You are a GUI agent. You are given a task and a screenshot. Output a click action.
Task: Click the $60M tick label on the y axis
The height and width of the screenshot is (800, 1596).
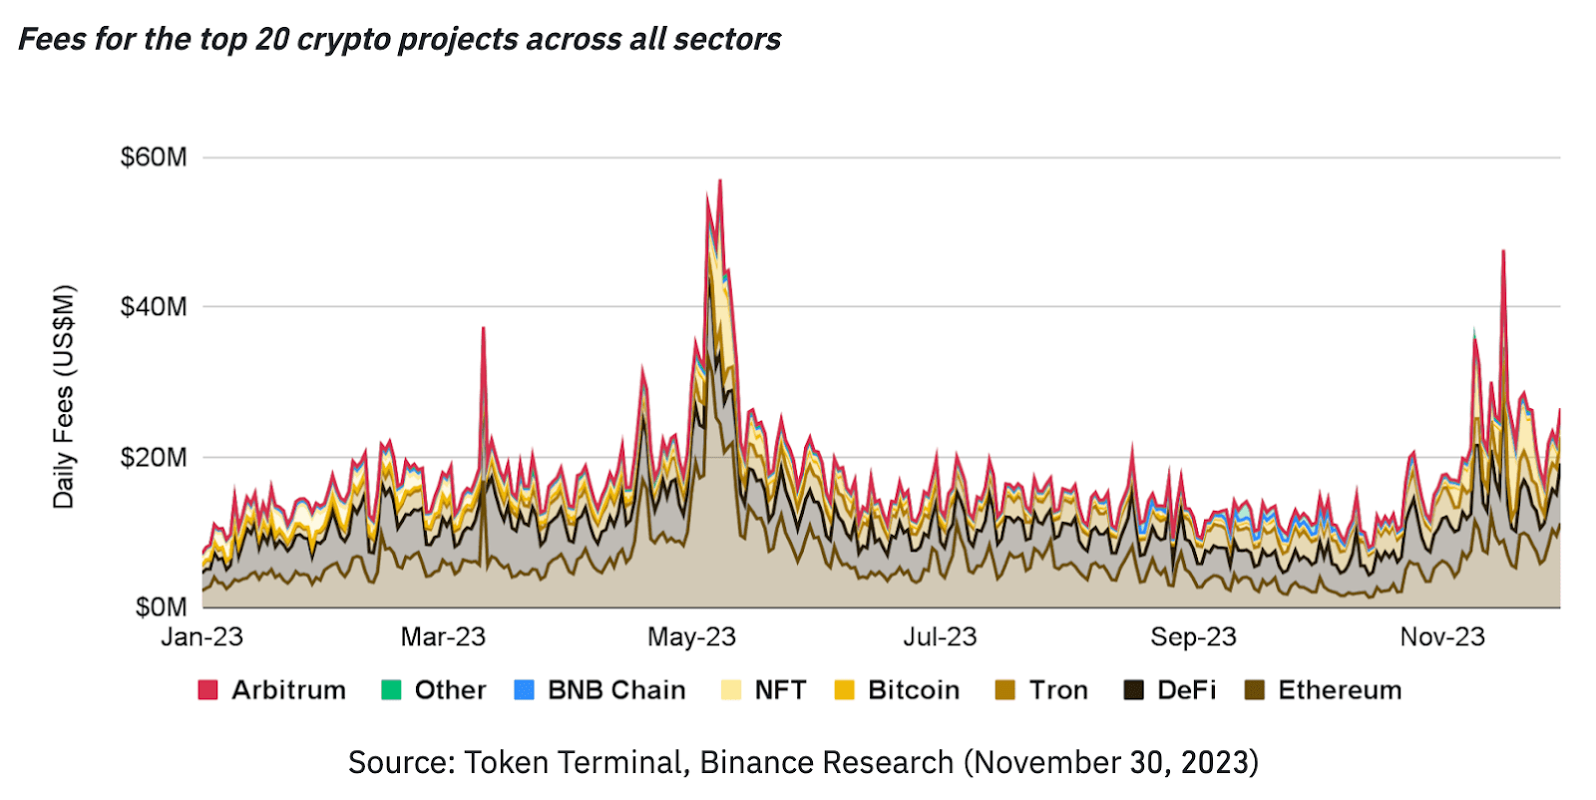(x=154, y=158)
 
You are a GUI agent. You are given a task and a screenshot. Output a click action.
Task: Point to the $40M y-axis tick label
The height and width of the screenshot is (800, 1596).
(x=154, y=306)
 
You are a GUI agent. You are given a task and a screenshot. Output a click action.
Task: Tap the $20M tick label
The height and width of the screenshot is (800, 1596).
(x=154, y=457)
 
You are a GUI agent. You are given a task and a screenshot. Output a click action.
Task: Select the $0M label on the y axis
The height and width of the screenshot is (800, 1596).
(x=161, y=606)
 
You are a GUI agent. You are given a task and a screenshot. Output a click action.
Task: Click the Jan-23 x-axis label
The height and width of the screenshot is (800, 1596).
(x=202, y=637)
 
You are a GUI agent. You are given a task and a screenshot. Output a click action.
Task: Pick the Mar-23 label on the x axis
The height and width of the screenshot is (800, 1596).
(x=443, y=637)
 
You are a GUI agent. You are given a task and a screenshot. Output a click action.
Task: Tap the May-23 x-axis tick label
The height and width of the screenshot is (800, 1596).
(x=691, y=637)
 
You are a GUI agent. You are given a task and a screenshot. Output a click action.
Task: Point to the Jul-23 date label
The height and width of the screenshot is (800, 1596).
(x=940, y=637)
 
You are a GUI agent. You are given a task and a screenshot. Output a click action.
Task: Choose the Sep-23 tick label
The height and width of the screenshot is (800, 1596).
(x=1193, y=637)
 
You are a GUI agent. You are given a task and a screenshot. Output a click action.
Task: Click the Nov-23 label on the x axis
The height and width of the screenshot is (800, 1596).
(x=1442, y=637)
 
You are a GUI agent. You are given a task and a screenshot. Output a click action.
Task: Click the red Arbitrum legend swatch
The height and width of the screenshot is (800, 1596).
(x=207, y=690)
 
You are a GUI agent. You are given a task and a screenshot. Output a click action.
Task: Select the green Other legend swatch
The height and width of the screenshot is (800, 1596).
(x=391, y=690)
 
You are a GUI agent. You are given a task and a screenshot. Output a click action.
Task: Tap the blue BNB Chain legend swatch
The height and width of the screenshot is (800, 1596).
(x=524, y=690)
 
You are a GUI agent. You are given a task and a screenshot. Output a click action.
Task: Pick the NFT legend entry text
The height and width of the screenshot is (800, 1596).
(x=780, y=690)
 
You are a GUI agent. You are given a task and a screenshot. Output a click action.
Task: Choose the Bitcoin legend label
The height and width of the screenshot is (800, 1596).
(x=914, y=690)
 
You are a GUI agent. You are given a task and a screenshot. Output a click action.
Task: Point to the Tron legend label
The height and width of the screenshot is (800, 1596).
(x=1058, y=690)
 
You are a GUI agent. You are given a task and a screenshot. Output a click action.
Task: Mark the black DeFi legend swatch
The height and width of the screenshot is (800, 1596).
(x=1134, y=690)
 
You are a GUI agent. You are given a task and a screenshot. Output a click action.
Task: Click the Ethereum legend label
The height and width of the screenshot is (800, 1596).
(x=1340, y=690)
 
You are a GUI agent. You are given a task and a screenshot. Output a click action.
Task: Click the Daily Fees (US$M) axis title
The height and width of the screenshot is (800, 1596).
(x=64, y=397)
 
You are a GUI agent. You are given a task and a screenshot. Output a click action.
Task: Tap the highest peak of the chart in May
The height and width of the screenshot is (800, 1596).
(x=720, y=181)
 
